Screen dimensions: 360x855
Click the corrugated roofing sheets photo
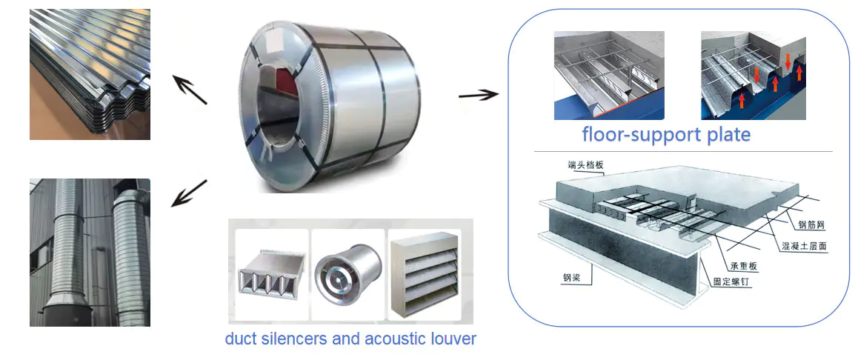click(x=90, y=74)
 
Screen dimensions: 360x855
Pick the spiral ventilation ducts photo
click(x=90, y=252)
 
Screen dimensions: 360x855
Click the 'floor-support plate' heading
click(x=665, y=135)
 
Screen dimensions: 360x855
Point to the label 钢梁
click(x=571, y=279)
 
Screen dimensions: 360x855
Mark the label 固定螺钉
click(x=733, y=281)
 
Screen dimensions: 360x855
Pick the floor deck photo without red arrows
click(x=609, y=76)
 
